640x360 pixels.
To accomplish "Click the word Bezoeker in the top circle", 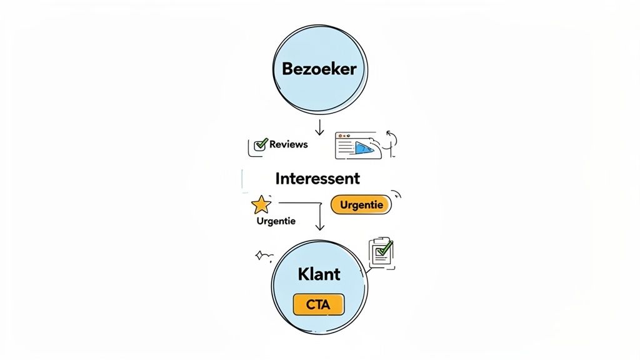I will [319, 69].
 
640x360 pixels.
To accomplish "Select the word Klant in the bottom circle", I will [319, 274].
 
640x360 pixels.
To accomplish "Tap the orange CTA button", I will [319, 304].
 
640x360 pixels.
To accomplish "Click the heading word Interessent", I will [317, 179].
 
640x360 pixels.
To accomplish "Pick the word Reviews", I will [288, 144].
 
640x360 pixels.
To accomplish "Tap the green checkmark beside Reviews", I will [261, 144].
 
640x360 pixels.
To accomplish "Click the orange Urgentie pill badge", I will [360, 204].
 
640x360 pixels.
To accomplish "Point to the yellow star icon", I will [261, 204].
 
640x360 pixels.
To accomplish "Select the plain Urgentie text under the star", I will [276, 221].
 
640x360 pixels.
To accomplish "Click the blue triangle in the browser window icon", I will [362, 147].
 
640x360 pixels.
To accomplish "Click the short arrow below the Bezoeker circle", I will [319, 128].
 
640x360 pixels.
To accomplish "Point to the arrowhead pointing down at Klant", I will [320, 227].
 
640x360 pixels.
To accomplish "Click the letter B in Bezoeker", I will [287, 69].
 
